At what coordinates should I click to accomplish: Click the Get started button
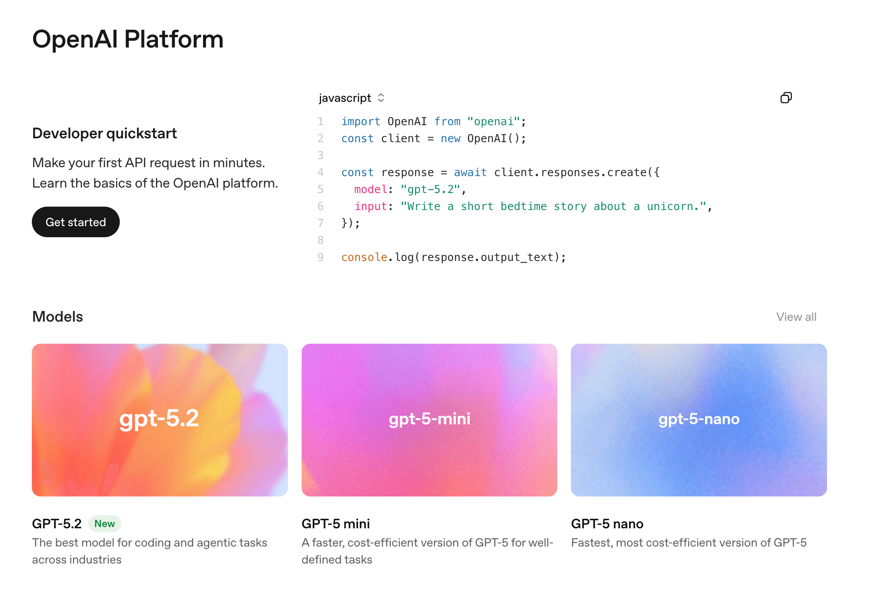(76, 222)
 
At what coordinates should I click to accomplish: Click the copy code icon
(786, 98)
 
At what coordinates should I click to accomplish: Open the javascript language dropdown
(351, 98)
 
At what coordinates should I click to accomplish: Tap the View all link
(796, 317)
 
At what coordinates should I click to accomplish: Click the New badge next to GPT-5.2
(104, 524)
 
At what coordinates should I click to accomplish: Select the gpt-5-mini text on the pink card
(429, 419)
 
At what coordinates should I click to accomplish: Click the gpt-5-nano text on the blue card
(699, 419)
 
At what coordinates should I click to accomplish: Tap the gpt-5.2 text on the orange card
(159, 418)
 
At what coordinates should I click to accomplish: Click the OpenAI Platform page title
(127, 39)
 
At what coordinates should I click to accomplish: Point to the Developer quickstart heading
(104, 133)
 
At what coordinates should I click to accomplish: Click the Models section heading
(57, 317)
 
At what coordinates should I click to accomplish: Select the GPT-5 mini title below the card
(336, 524)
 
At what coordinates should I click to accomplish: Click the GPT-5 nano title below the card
(607, 524)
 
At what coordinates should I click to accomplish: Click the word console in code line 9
(364, 257)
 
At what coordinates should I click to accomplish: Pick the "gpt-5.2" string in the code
(430, 189)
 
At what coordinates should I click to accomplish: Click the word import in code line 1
(361, 122)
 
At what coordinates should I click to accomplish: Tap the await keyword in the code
(470, 172)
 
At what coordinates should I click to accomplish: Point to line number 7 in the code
(321, 223)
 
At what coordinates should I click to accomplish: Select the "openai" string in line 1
(493, 122)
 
